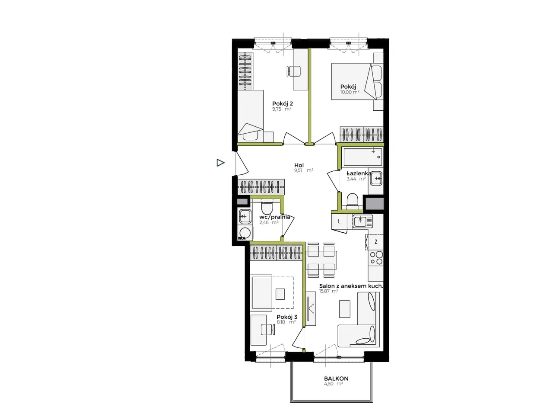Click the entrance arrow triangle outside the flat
[x=220, y=163]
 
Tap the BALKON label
[x=336, y=379]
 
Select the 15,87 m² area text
[x=328, y=291]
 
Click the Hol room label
[x=299, y=165]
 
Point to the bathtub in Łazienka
[x=362, y=157]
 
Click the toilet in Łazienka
[x=352, y=201]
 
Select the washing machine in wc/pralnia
[x=245, y=233]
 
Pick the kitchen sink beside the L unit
[x=362, y=221]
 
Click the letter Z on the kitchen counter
[x=376, y=242]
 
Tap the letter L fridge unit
[x=339, y=221]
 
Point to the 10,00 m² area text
[x=350, y=92]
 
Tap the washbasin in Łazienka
[x=376, y=178]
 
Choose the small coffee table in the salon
[x=345, y=309]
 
